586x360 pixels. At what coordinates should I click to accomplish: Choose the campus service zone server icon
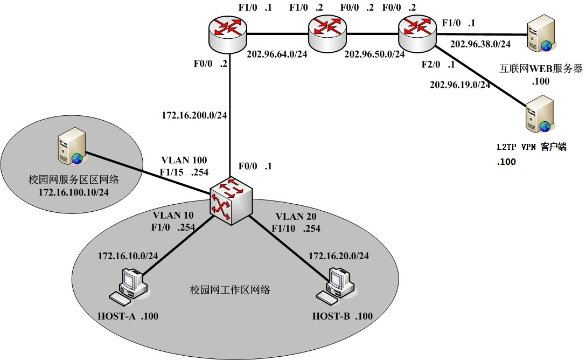click(69, 149)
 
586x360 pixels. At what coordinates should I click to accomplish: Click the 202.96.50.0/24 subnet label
click(374, 54)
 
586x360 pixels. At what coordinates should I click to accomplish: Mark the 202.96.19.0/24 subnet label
click(460, 85)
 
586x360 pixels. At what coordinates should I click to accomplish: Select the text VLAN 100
click(184, 160)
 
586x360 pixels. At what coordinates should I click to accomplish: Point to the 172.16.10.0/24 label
click(128, 255)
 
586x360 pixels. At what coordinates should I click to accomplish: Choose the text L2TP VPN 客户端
click(531, 147)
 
